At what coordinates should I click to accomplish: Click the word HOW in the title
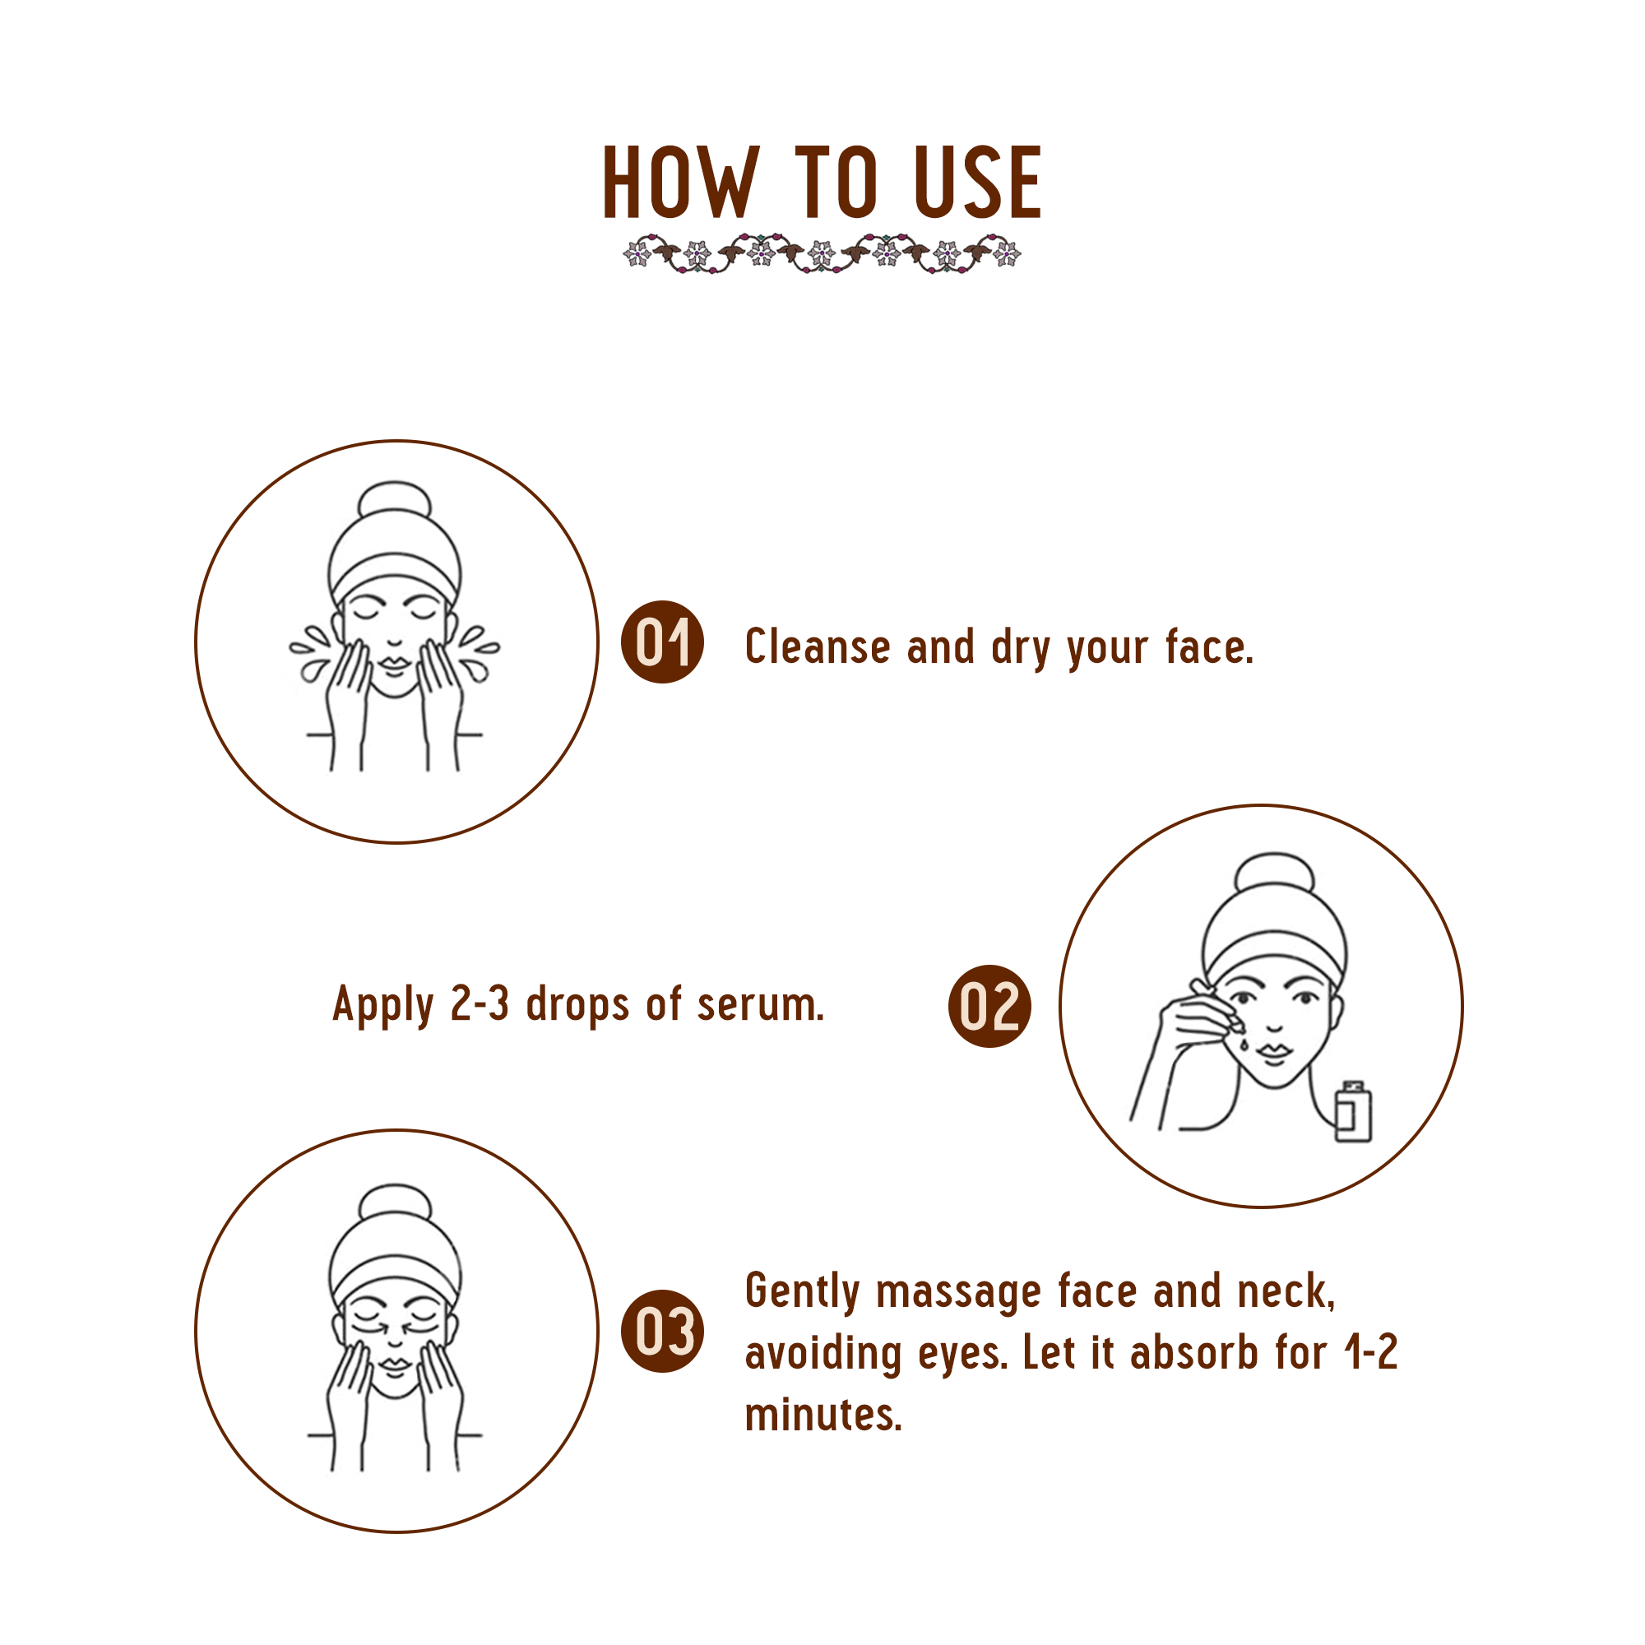679,183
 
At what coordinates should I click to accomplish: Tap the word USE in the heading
977,183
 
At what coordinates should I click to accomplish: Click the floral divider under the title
822,253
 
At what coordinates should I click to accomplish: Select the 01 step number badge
662,642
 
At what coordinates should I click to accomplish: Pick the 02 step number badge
989,1007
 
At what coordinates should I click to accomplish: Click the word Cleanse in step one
818,646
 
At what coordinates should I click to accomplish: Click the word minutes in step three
822,1414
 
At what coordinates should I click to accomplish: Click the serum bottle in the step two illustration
1353,1111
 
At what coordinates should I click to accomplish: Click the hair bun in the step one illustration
394,501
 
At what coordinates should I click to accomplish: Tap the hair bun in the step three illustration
394,1203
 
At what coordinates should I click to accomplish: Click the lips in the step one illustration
394,661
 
